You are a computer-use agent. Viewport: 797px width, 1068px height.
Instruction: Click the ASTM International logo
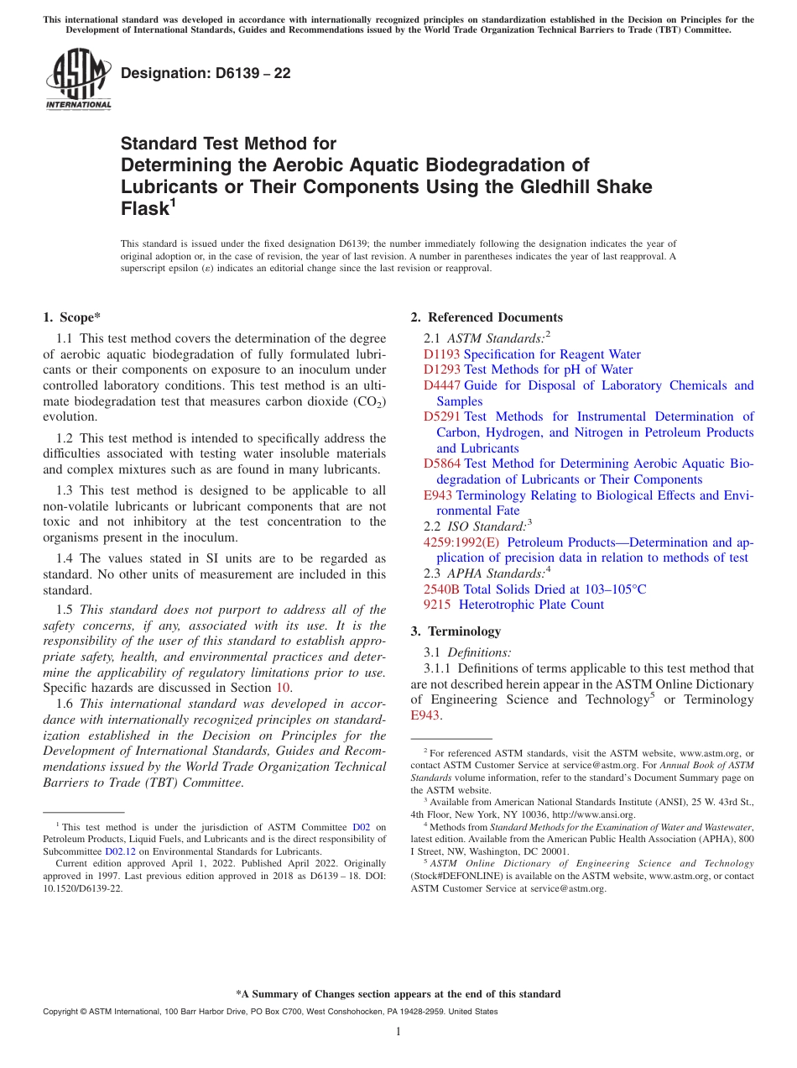[x=78, y=79]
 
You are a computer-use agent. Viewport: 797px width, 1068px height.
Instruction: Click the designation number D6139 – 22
[x=206, y=73]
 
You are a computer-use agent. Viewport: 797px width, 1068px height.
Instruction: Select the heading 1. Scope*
[x=71, y=317]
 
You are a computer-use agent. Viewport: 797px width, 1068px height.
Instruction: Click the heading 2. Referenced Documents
[x=487, y=317]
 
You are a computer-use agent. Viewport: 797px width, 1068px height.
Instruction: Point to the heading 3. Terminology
[x=456, y=631]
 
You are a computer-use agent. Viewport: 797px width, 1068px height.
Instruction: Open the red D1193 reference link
[x=441, y=354]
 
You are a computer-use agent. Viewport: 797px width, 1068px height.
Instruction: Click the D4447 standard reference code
[x=441, y=385]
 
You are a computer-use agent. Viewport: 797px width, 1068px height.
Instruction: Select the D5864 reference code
[x=441, y=463]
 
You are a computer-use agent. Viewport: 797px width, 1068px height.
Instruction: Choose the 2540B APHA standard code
[x=441, y=589]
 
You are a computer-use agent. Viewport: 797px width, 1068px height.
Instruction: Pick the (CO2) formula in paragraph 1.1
[x=368, y=401]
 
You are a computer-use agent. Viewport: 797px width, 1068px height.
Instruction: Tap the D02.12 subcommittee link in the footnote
[x=120, y=851]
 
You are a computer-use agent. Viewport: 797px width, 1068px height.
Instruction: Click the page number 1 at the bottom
[x=398, y=1031]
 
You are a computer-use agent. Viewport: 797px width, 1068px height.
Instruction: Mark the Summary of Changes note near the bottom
[x=398, y=994]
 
